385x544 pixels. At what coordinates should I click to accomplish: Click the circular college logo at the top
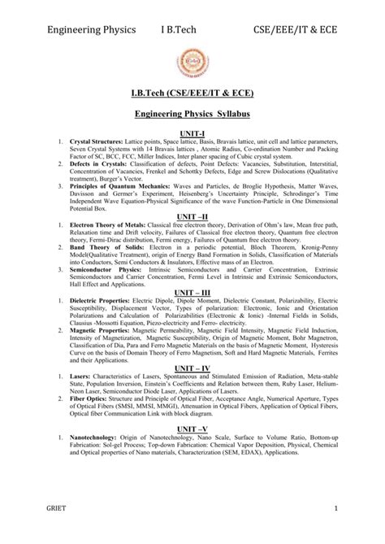[x=193, y=64]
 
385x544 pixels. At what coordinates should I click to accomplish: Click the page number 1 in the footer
[x=357, y=531]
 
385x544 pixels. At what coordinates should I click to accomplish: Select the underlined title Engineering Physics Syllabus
[x=192, y=115]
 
